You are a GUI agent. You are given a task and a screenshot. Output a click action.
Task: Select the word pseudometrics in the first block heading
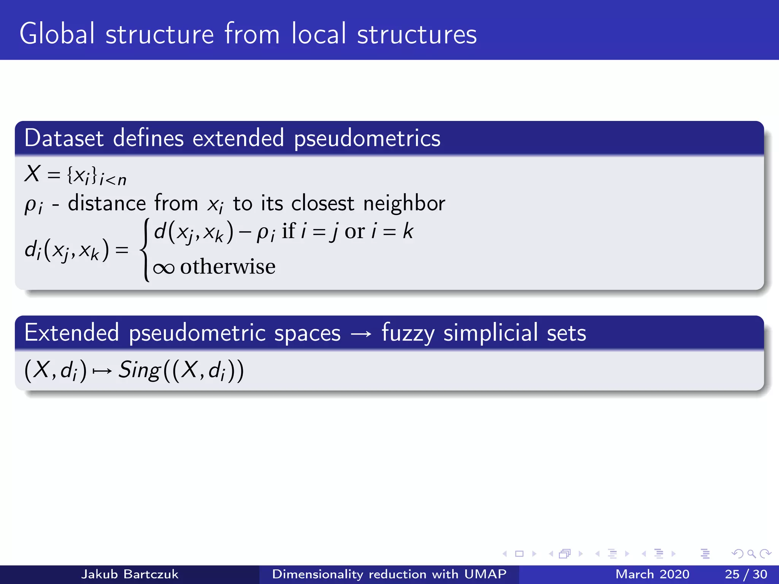coord(367,138)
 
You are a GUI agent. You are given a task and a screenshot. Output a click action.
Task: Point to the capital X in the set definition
coord(33,174)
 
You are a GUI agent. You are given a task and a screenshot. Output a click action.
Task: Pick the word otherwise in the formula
coord(227,266)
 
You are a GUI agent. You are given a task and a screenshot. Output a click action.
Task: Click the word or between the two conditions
coord(355,231)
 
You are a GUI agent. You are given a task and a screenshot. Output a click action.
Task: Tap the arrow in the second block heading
coord(361,334)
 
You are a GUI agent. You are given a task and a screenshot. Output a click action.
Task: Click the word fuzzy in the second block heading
coord(408,334)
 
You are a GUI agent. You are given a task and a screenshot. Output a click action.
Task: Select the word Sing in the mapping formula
coord(139,370)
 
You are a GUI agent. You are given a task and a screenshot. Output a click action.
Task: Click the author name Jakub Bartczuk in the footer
coord(129,574)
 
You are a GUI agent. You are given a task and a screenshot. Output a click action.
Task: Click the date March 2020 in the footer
coord(652,574)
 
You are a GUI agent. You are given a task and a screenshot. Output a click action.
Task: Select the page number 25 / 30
coord(746,574)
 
